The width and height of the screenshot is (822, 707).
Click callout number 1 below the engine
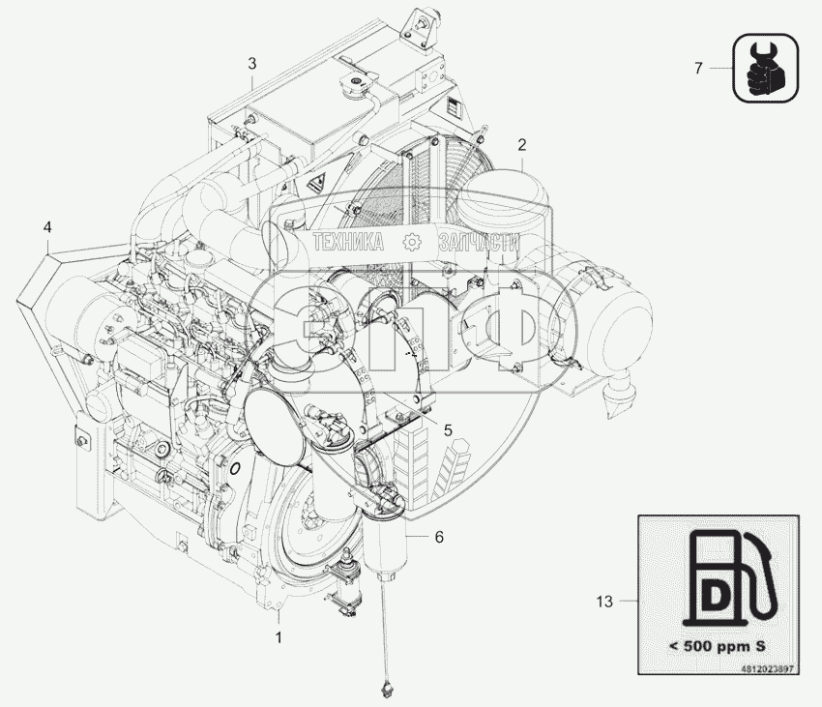click(279, 637)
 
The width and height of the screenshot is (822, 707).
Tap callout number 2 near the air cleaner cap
click(521, 145)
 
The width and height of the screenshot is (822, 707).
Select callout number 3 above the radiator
click(252, 64)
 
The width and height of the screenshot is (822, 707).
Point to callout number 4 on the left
click(47, 227)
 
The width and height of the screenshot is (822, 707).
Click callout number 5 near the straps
click(448, 430)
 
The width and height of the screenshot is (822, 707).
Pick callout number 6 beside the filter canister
click(439, 537)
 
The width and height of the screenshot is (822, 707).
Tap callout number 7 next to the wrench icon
click(698, 68)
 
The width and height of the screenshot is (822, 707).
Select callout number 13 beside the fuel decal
click(604, 601)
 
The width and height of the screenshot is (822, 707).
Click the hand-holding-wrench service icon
click(766, 68)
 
